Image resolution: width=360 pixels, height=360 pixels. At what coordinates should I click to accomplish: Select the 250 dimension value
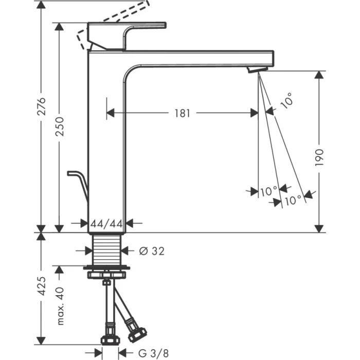click(x=60, y=125)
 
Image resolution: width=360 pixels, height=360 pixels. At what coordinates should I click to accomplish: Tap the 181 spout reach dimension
click(x=181, y=113)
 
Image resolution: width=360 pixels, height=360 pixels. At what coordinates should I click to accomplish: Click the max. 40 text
click(x=61, y=307)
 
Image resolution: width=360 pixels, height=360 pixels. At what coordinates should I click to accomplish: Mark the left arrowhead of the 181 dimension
click(x=110, y=113)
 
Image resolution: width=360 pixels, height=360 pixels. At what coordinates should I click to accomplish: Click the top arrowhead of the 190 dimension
click(x=319, y=75)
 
